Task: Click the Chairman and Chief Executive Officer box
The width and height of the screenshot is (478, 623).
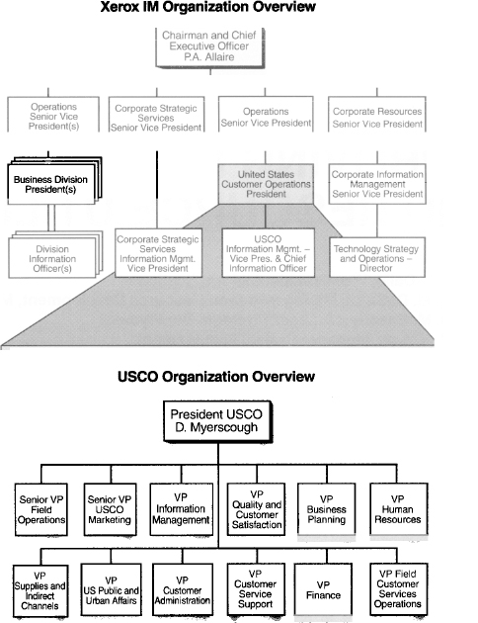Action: coord(209,47)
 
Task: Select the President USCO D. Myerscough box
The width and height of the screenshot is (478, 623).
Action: coord(218,421)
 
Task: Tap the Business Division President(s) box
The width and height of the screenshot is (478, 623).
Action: coord(51,184)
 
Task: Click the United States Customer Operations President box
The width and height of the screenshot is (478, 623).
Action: coord(266,184)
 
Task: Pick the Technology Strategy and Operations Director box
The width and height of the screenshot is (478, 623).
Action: coord(377,257)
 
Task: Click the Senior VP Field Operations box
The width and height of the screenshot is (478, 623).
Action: coord(41,509)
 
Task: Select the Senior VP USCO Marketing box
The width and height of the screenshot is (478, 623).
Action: coord(110,509)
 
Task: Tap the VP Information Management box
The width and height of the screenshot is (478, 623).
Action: coord(182,509)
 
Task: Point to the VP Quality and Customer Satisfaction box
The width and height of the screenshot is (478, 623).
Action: coord(256,509)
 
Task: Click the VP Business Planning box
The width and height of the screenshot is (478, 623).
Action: coord(327,509)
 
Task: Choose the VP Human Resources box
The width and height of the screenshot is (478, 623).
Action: coord(398,509)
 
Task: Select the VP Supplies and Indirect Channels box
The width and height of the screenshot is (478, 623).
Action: coord(40,590)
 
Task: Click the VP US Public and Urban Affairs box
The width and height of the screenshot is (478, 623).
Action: coord(111,589)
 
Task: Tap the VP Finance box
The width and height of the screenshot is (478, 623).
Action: coord(323,589)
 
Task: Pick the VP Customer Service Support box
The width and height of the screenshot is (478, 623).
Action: coord(256,589)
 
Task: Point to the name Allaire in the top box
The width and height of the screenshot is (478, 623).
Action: coord(220,56)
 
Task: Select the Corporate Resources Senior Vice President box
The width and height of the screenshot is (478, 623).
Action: coord(377,114)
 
